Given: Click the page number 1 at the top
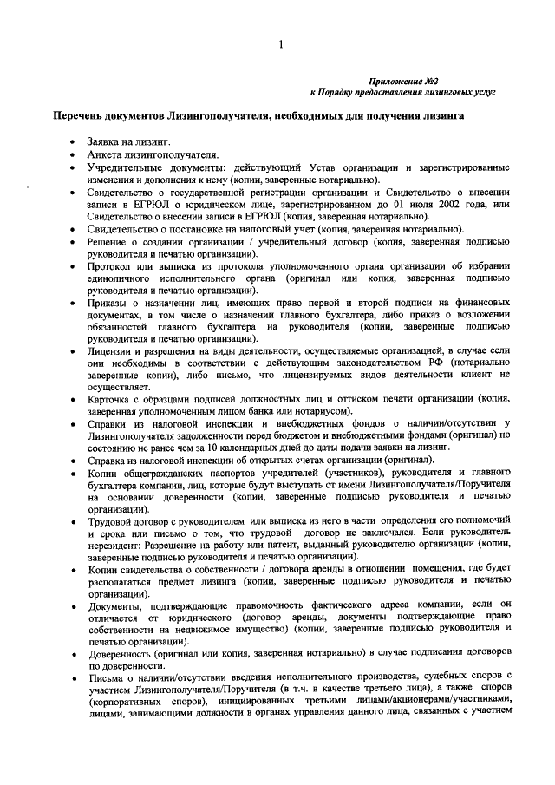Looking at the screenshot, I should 280,45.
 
